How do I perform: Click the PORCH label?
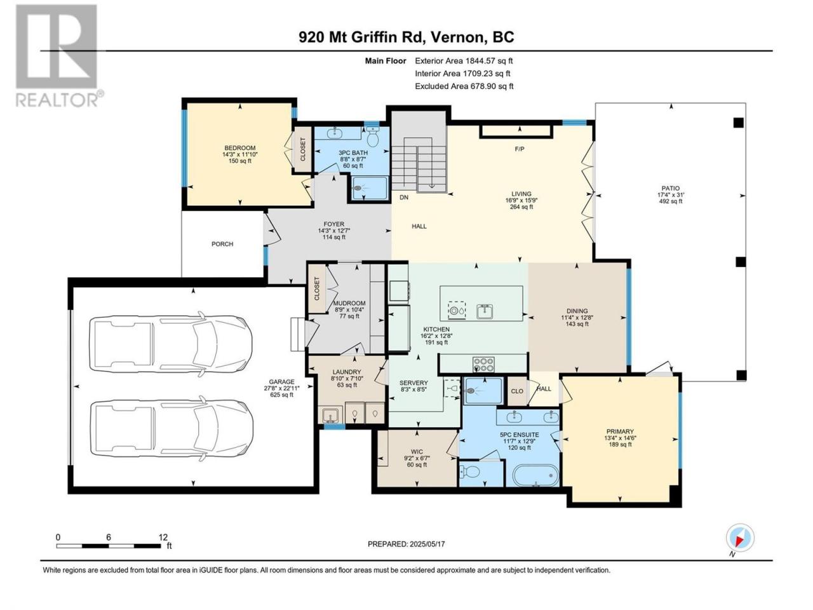point(222,244)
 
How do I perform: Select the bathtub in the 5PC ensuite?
point(535,475)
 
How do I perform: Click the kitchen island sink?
point(484,311)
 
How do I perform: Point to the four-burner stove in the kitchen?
point(484,365)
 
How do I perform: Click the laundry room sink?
point(330,415)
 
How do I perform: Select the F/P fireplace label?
point(520,149)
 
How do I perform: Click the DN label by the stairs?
point(404,198)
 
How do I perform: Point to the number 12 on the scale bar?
point(163,537)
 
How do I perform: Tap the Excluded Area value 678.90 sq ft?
point(492,86)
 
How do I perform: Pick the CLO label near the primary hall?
point(517,391)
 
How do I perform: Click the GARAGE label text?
point(281,382)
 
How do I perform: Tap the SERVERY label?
point(413,383)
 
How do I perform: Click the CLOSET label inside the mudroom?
point(317,289)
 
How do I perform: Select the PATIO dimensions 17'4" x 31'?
point(671,195)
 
